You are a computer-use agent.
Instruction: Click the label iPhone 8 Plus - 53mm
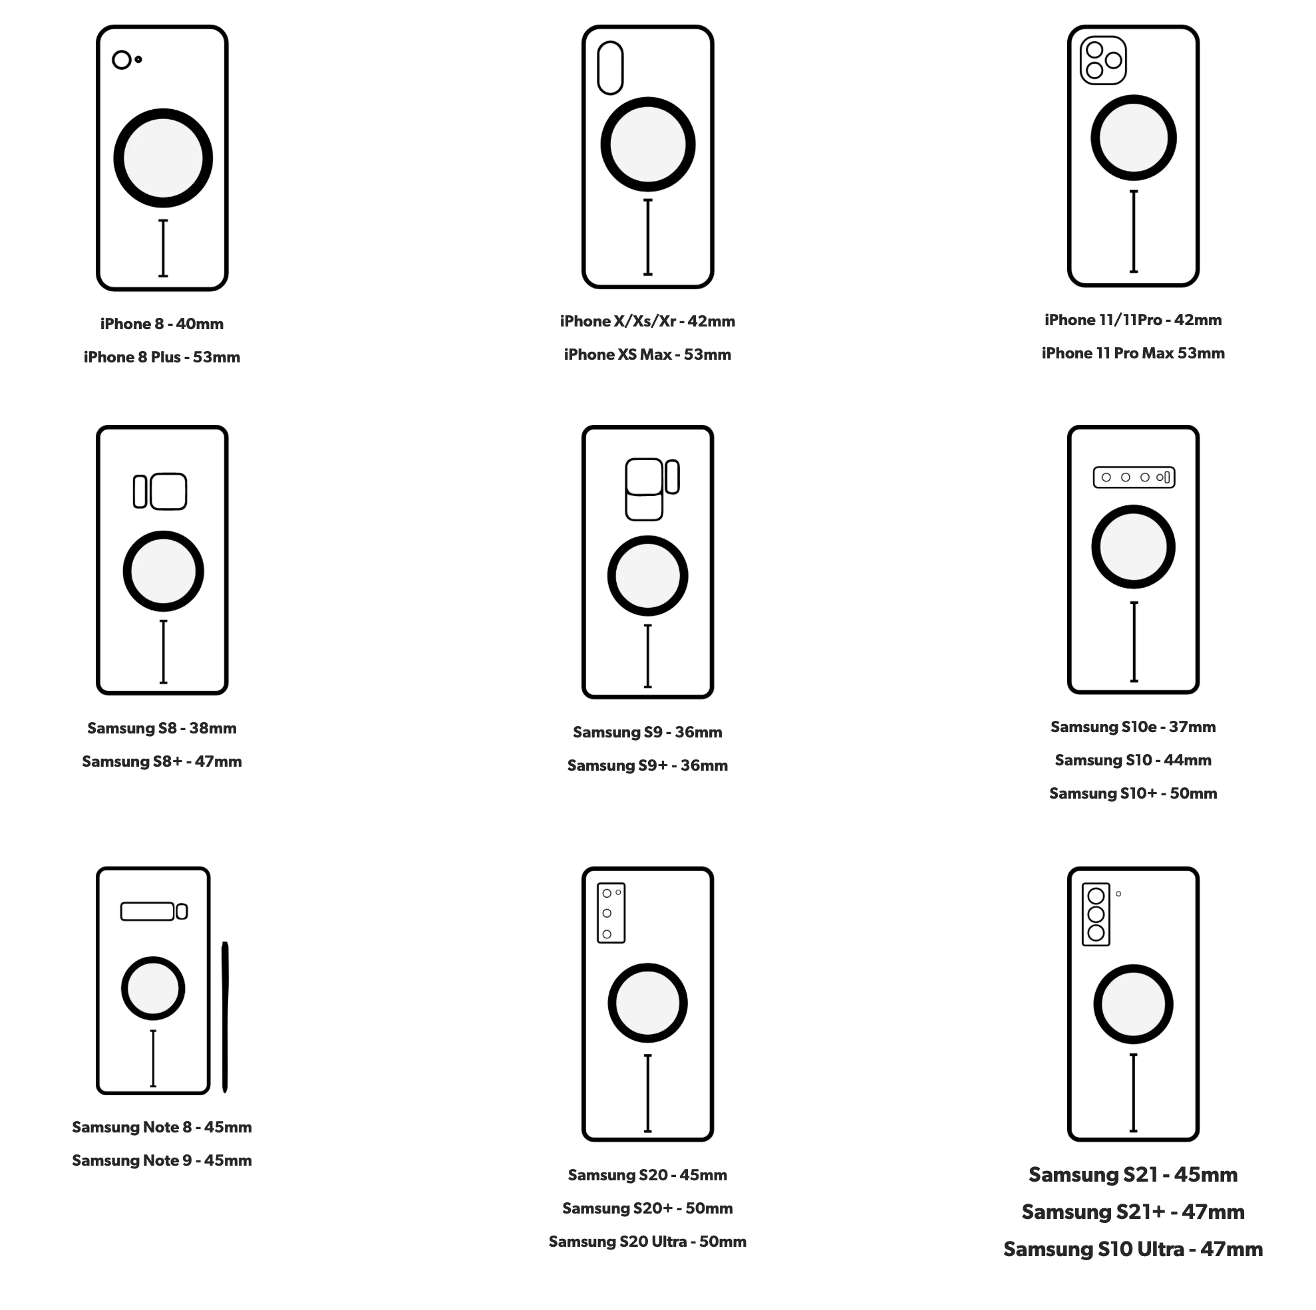(x=162, y=357)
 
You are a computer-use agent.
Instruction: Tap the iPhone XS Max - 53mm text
(x=647, y=354)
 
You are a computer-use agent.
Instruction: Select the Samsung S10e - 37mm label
(x=1133, y=727)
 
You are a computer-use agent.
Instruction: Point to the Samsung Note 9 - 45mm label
(x=162, y=1160)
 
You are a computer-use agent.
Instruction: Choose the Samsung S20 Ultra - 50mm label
(x=647, y=1242)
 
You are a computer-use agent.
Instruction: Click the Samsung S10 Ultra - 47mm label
(x=1133, y=1249)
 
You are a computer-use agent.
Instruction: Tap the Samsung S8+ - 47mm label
(x=162, y=761)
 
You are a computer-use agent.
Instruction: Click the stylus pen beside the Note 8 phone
(x=225, y=1017)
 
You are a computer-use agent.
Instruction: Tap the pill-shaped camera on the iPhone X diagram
(x=610, y=67)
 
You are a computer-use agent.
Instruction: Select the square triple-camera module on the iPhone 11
(x=1104, y=60)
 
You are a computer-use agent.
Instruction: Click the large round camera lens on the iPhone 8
(x=122, y=60)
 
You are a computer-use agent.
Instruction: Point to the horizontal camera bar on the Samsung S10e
(x=1134, y=477)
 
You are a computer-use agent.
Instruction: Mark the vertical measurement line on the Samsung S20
(x=648, y=1093)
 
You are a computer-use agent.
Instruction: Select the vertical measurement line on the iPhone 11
(x=1134, y=231)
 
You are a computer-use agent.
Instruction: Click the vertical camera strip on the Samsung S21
(x=1096, y=914)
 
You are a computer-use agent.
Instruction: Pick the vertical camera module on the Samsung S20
(x=611, y=913)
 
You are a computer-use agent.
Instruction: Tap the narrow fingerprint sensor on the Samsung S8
(x=140, y=491)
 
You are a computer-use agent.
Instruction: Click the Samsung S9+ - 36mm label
(x=647, y=765)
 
